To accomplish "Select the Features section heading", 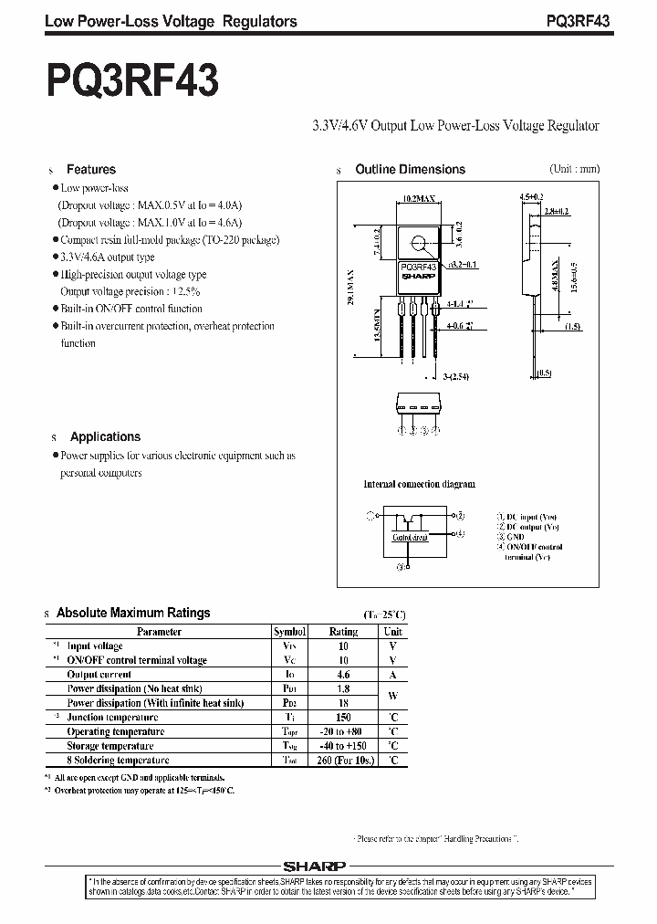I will coord(91,170).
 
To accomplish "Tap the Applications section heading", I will coord(106,436).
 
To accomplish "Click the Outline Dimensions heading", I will coord(410,170).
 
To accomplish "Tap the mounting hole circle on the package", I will coord(420,244).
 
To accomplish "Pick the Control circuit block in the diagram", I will coord(410,538).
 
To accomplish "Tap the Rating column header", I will coord(343,631).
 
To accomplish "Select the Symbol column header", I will coord(289,631).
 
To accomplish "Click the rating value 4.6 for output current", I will coord(343,674).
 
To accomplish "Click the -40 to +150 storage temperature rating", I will coord(343,745).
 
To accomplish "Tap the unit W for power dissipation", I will coord(392,696).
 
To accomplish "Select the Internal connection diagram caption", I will coord(419,484).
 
